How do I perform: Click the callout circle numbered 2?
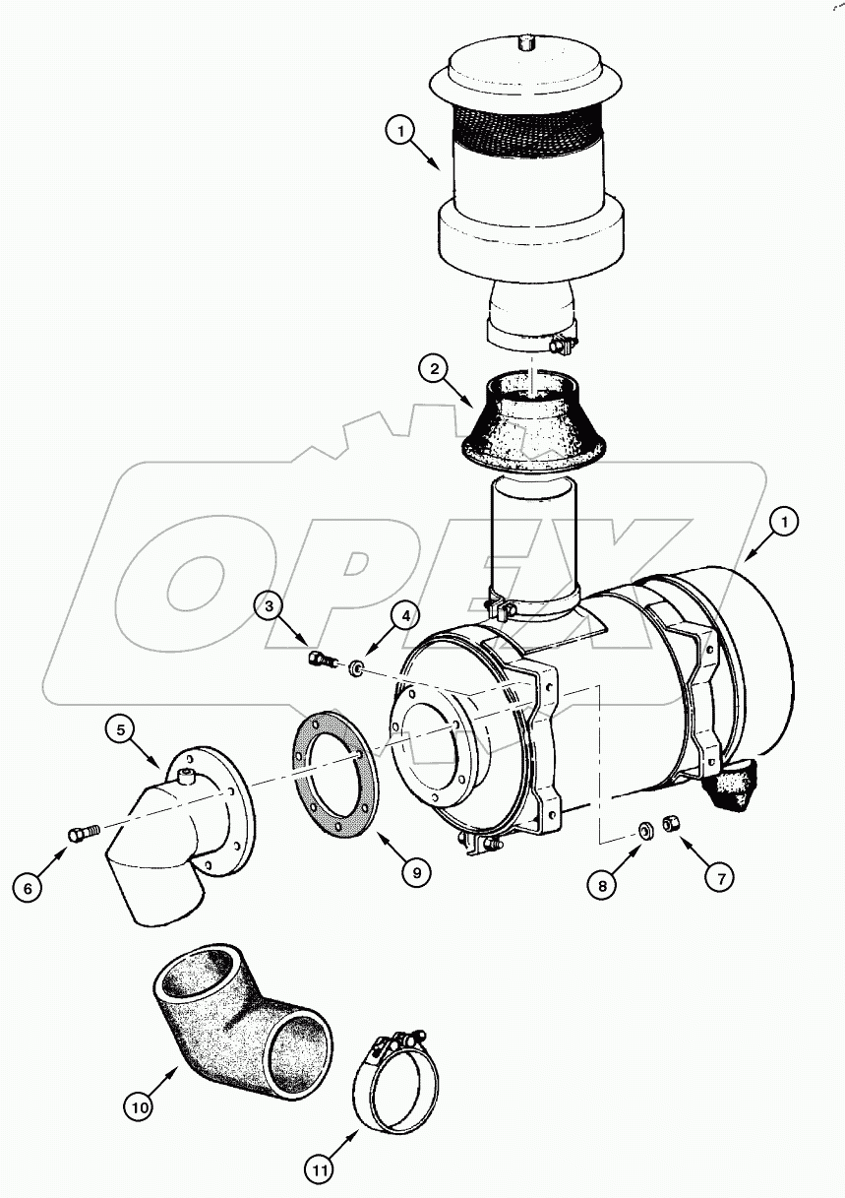tap(433, 370)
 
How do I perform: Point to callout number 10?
tap(140, 1106)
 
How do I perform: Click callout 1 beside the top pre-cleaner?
tap(398, 129)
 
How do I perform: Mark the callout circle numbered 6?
tap(28, 888)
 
